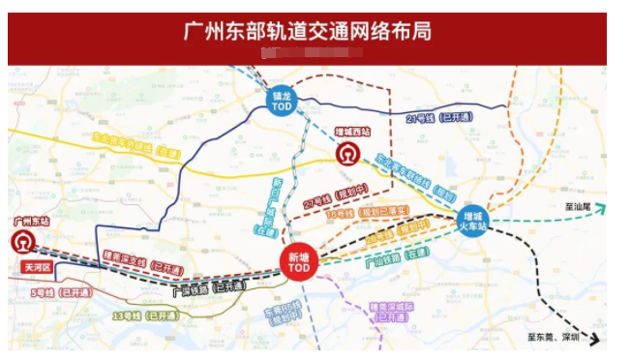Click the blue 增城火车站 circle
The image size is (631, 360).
point(475,221)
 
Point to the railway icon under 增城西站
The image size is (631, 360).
point(346,154)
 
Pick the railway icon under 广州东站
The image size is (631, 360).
point(23,241)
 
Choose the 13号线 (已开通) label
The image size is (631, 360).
point(145,315)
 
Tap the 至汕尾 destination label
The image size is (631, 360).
point(591,205)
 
